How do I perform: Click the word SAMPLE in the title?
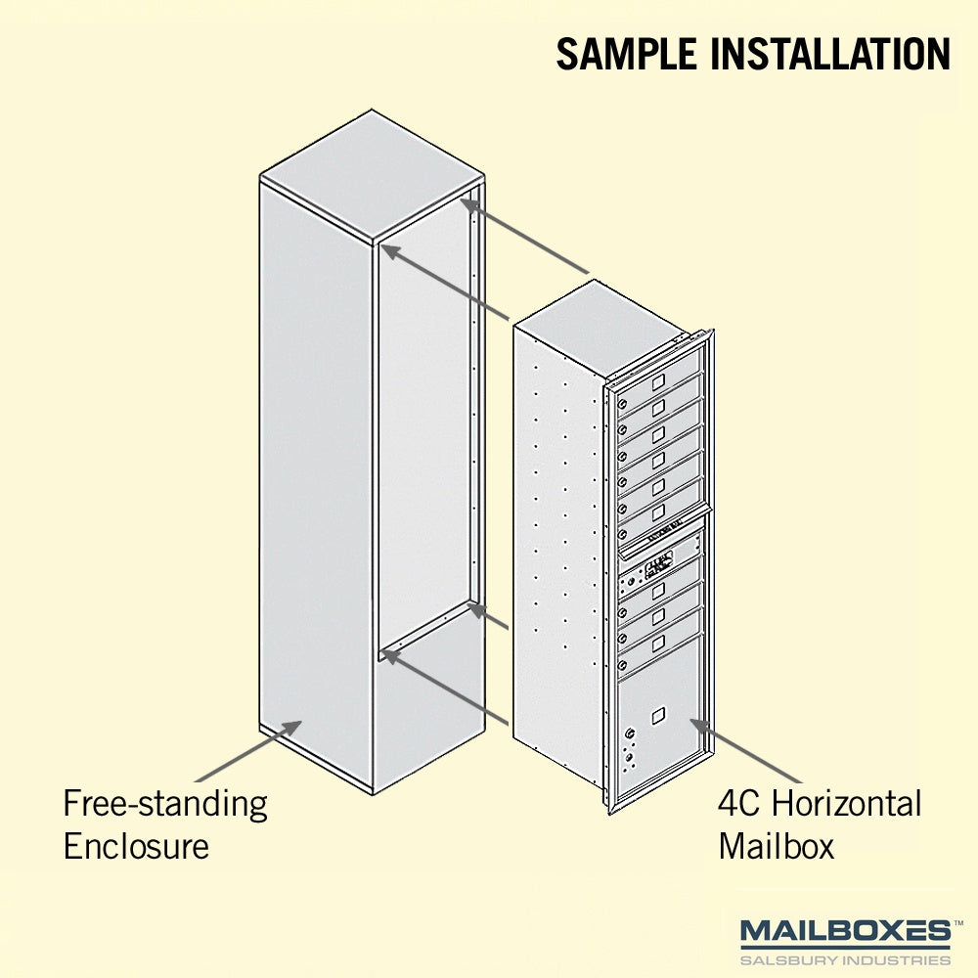[626, 54]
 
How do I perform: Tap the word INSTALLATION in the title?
[830, 54]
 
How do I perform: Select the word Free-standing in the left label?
[165, 805]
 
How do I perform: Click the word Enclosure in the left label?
[136, 846]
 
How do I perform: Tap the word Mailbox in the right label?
[776, 846]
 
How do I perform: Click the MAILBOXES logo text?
[845, 931]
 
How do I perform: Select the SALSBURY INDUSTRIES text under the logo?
[845, 960]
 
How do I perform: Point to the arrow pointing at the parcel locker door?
[745, 750]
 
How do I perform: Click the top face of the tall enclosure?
[373, 175]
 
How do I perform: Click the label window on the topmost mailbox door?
[658, 381]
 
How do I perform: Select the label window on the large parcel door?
[658, 716]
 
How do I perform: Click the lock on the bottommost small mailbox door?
[622, 665]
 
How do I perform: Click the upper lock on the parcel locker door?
[630, 733]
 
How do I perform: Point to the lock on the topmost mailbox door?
[622, 404]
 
